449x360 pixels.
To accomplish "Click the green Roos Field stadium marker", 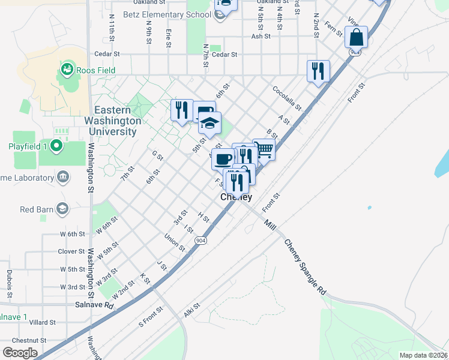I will (x=66, y=71).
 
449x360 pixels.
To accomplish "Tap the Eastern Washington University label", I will (x=118, y=121).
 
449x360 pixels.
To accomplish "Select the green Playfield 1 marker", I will (x=56, y=146).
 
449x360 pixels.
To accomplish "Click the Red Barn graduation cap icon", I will (x=62, y=209).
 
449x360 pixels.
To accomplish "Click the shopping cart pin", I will (x=264, y=150).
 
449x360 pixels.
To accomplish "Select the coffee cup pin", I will (x=223, y=160).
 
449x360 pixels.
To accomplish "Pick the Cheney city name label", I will (x=236, y=197).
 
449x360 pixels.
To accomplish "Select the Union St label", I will (x=175, y=242).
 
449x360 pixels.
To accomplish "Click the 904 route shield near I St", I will (x=199, y=239).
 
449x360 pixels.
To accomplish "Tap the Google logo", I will (x=20, y=353).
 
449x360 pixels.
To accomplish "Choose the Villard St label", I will (x=42, y=322).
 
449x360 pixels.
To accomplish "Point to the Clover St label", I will (x=71, y=251).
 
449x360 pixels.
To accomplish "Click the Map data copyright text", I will (x=423, y=355).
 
